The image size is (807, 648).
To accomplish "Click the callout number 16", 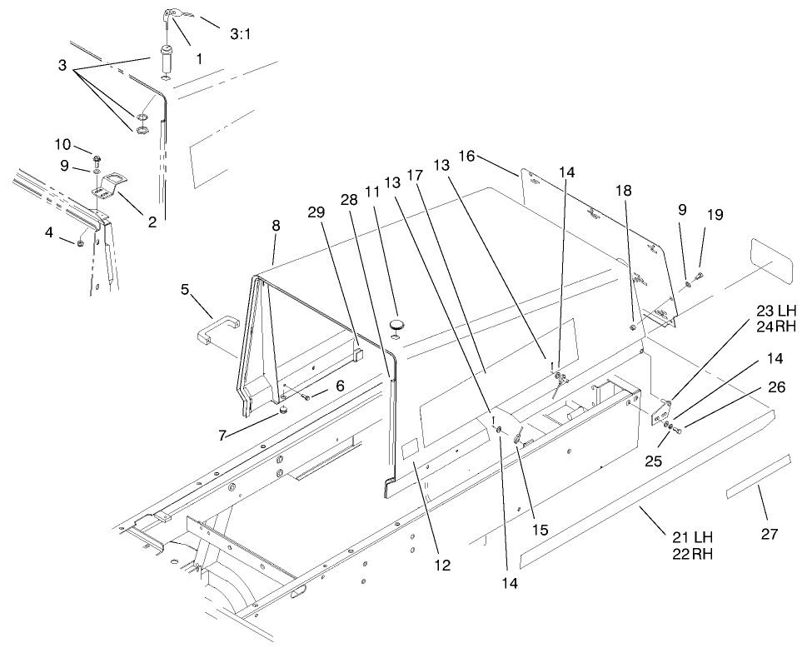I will coord(466,156).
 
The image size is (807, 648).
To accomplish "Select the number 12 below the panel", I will coord(441,565).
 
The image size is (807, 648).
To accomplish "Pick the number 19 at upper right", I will coord(713,214).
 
